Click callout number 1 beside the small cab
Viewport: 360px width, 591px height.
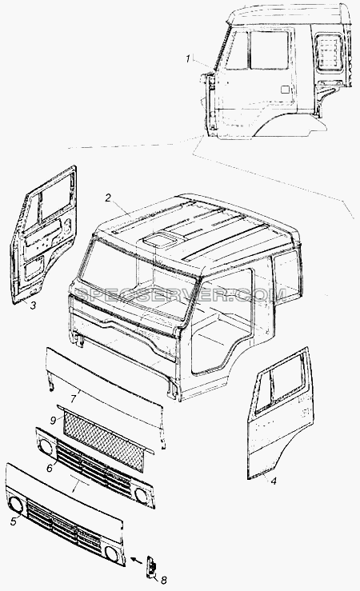[187, 59]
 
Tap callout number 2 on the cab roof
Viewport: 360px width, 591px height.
[107, 198]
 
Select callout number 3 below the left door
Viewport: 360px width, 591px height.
[33, 305]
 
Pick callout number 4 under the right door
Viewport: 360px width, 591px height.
[274, 481]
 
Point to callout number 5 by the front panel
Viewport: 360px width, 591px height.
[14, 522]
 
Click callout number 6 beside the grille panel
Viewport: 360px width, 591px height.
[50, 468]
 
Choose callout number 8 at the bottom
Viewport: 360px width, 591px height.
[164, 580]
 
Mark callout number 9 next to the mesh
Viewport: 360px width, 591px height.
[53, 419]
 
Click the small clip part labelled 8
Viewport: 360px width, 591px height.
[150, 565]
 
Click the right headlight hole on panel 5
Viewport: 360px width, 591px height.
[112, 553]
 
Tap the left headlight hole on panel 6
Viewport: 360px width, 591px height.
[46, 447]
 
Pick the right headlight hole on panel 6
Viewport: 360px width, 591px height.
[142, 495]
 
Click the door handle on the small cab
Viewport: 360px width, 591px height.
[286, 90]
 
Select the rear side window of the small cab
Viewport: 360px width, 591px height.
[330, 53]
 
